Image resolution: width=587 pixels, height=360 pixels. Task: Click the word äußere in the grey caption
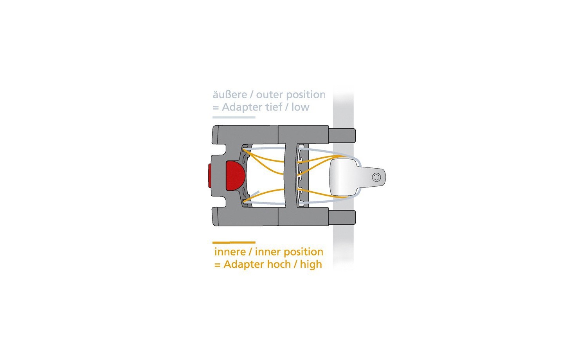pyautogui.click(x=230, y=95)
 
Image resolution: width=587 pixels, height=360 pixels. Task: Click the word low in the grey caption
pyautogui.click(x=301, y=107)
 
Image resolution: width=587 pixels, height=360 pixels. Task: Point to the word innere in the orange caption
pyautogui.click(x=230, y=252)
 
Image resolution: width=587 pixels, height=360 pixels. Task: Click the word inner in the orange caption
pyautogui.click(x=268, y=252)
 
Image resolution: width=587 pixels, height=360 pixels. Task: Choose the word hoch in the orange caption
pyautogui.click(x=280, y=264)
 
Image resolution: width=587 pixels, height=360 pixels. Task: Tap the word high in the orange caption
pyautogui.click(x=311, y=265)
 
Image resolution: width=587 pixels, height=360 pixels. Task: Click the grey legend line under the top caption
pyautogui.click(x=234, y=117)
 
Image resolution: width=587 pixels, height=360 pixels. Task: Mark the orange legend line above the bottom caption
pyautogui.click(x=234, y=242)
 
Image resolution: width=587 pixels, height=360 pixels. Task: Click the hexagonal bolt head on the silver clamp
pyautogui.click(x=376, y=177)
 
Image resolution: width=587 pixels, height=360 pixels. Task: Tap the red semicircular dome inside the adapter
pyautogui.click(x=235, y=176)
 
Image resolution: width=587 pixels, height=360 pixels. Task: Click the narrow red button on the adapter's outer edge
pyautogui.click(x=210, y=176)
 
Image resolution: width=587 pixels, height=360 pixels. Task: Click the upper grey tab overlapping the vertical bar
pyautogui.click(x=342, y=136)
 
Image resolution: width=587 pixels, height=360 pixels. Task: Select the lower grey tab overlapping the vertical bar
pyautogui.click(x=342, y=217)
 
